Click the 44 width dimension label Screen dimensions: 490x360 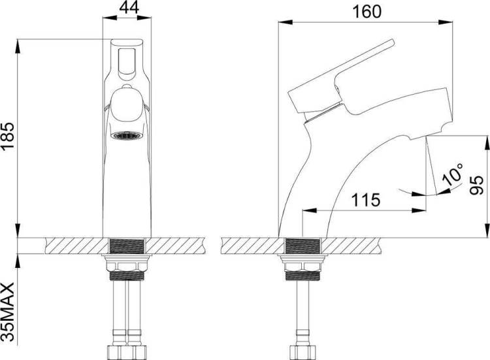[x=129, y=8]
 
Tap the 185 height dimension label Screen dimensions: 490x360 [x=8, y=137]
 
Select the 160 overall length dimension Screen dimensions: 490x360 [x=367, y=12]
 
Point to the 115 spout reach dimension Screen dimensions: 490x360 [x=366, y=200]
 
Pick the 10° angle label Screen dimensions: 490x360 [x=453, y=174]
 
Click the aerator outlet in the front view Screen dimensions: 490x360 [x=127, y=136]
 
